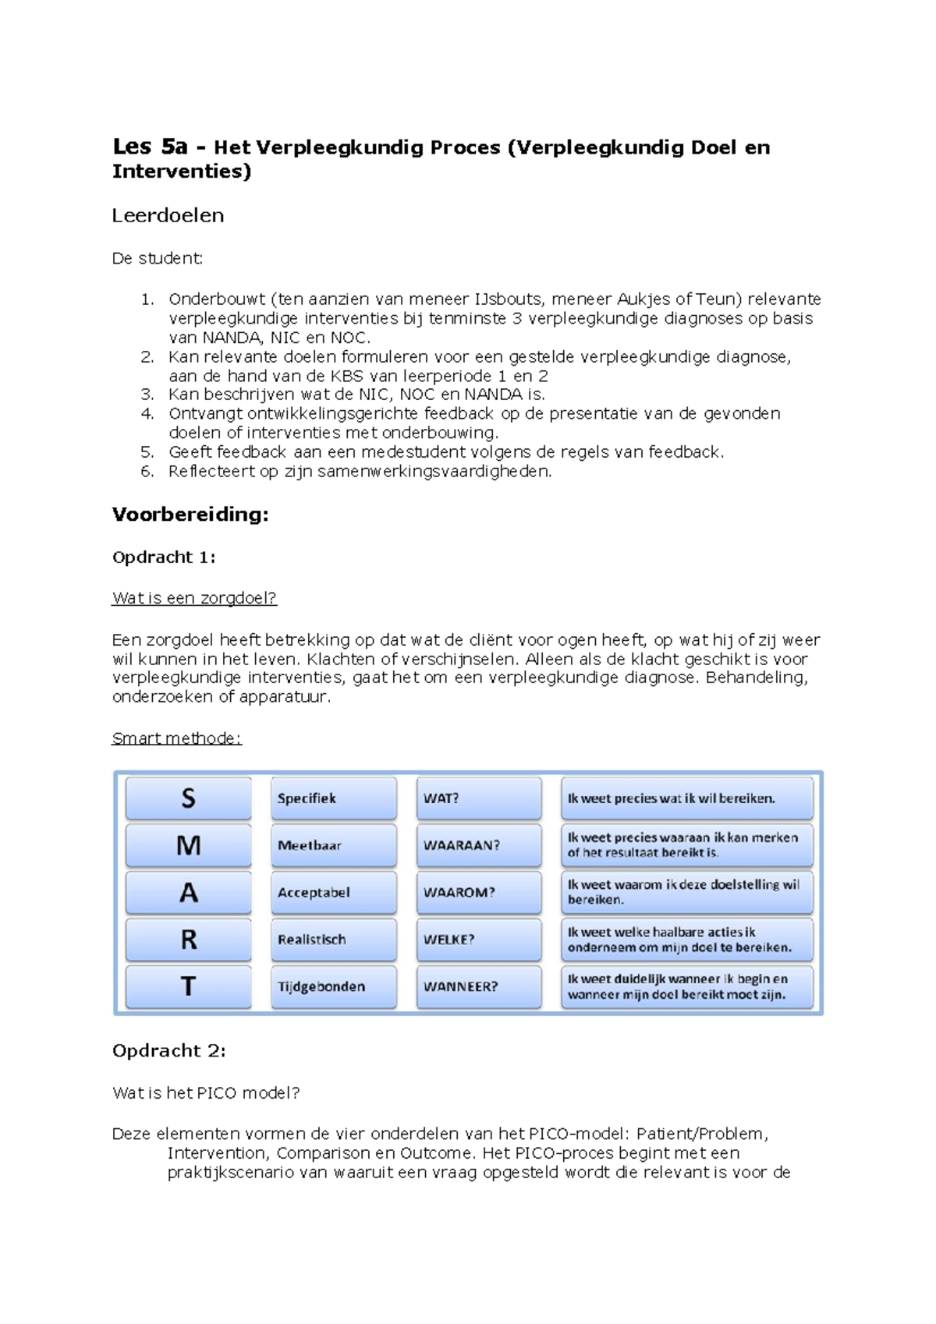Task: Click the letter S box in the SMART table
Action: [x=188, y=798]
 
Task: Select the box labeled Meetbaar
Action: [x=333, y=845]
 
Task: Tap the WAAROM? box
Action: [x=478, y=892]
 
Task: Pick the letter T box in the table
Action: [x=188, y=986]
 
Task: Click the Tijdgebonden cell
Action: [x=333, y=986]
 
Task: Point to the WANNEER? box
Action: [x=478, y=986]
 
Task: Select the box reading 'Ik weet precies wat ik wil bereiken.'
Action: [x=686, y=798]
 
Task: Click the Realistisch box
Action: [x=333, y=940]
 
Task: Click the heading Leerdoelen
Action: [x=168, y=216]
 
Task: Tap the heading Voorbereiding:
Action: [x=190, y=515]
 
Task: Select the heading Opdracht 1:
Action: [x=164, y=558]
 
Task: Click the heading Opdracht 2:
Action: [x=168, y=1051]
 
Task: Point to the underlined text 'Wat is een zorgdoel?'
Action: [x=194, y=599]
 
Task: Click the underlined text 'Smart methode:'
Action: [x=176, y=738]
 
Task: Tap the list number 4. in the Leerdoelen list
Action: [x=147, y=414]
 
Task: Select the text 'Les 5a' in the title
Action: [x=150, y=147]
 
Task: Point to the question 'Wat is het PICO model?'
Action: [x=206, y=1093]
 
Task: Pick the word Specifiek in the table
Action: [x=307, y=798]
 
